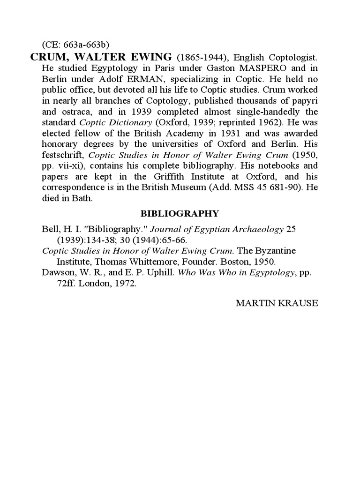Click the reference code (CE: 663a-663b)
(x=75, y=45)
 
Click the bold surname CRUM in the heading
(x=47, y=57)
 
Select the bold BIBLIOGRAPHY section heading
(x=180, y=214)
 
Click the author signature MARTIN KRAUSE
(x=277, y=303)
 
